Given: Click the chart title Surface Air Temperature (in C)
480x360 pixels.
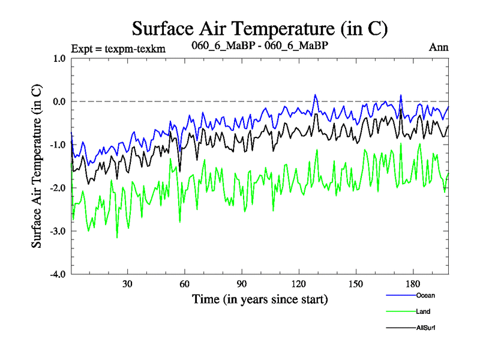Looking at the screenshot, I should point(260,28).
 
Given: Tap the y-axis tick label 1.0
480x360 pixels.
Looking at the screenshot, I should point(59,58).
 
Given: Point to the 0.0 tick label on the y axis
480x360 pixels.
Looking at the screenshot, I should point(59,101).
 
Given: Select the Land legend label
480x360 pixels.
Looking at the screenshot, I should point(423,311).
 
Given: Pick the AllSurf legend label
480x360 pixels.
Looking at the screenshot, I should point(425,328).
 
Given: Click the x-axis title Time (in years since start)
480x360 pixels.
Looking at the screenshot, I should point(260,298).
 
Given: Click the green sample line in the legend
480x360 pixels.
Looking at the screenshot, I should point(399,311).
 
